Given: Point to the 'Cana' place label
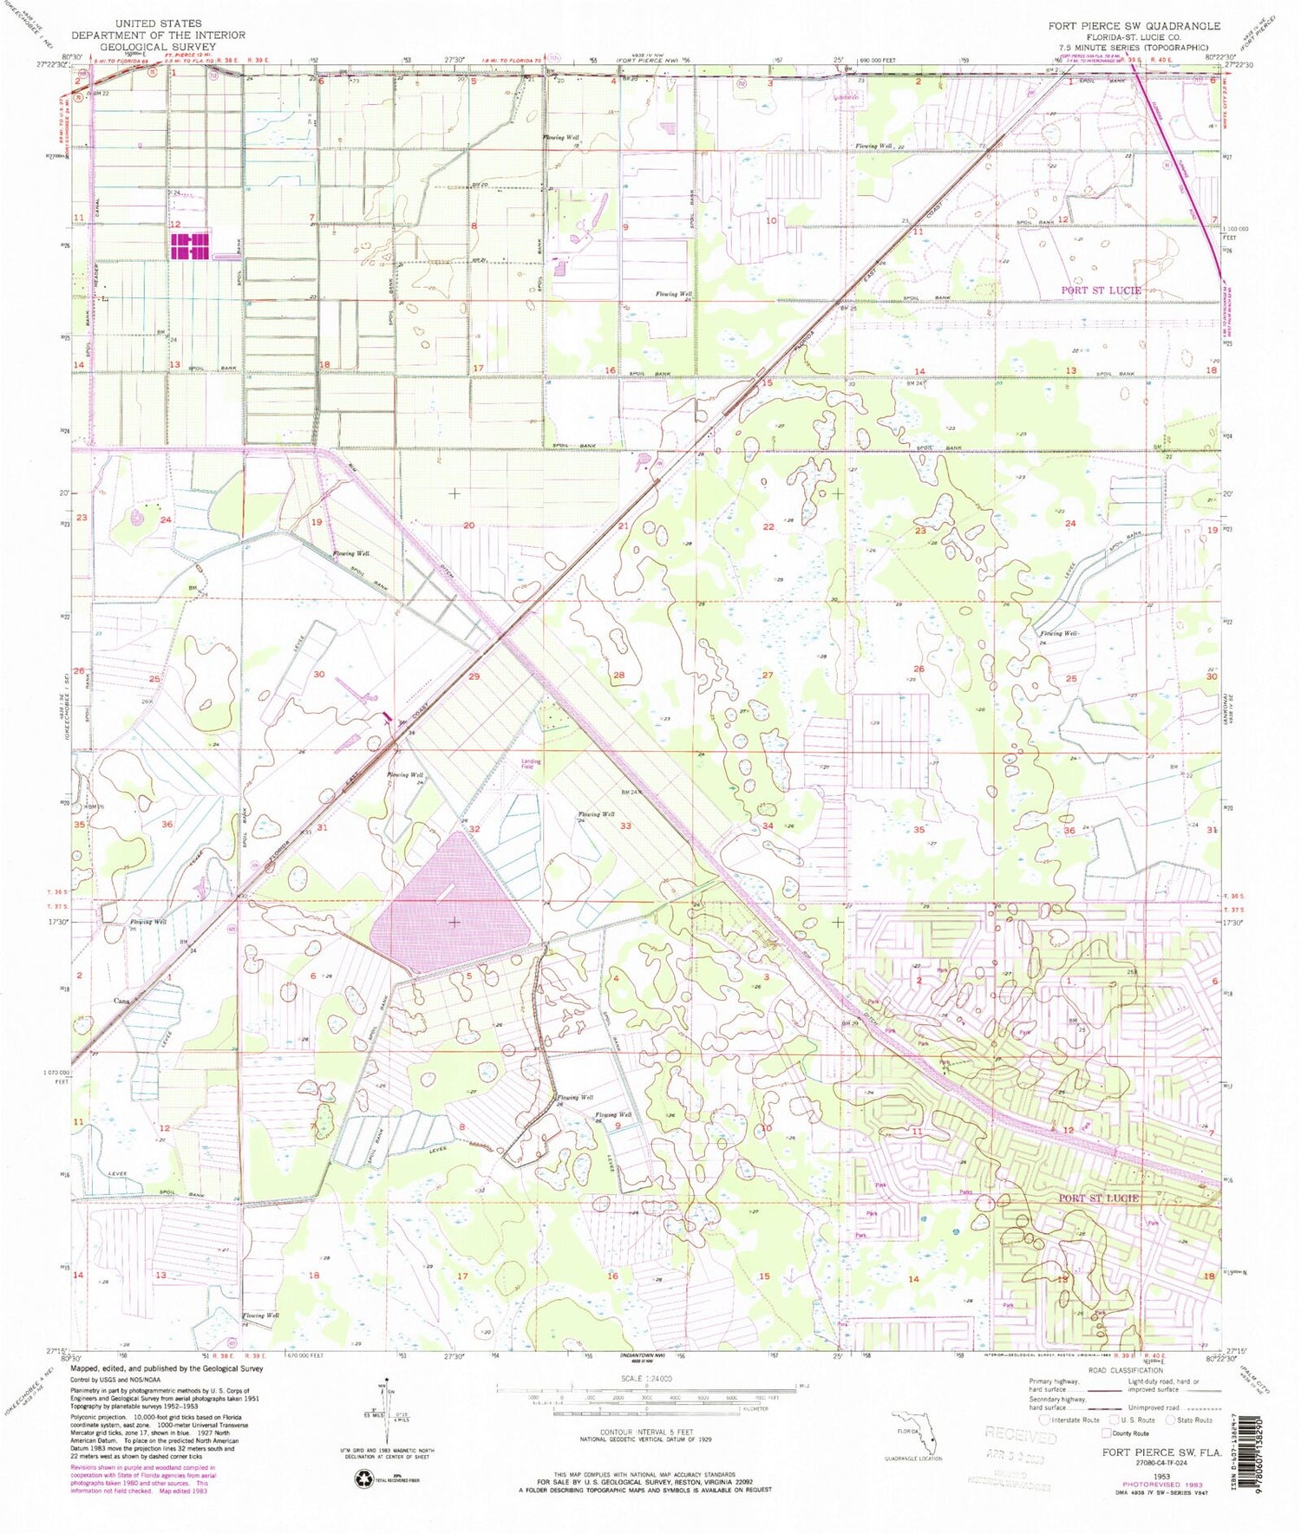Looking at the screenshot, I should click(121, 1000).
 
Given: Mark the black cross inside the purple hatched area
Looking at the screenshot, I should click(454, 922).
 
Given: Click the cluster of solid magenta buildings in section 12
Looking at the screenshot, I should click(191, 245).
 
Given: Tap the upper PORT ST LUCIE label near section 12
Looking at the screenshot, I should click(1102, 290).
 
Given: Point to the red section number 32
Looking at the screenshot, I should click(474, 829).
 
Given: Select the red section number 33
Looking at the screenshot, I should click(625, 826).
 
